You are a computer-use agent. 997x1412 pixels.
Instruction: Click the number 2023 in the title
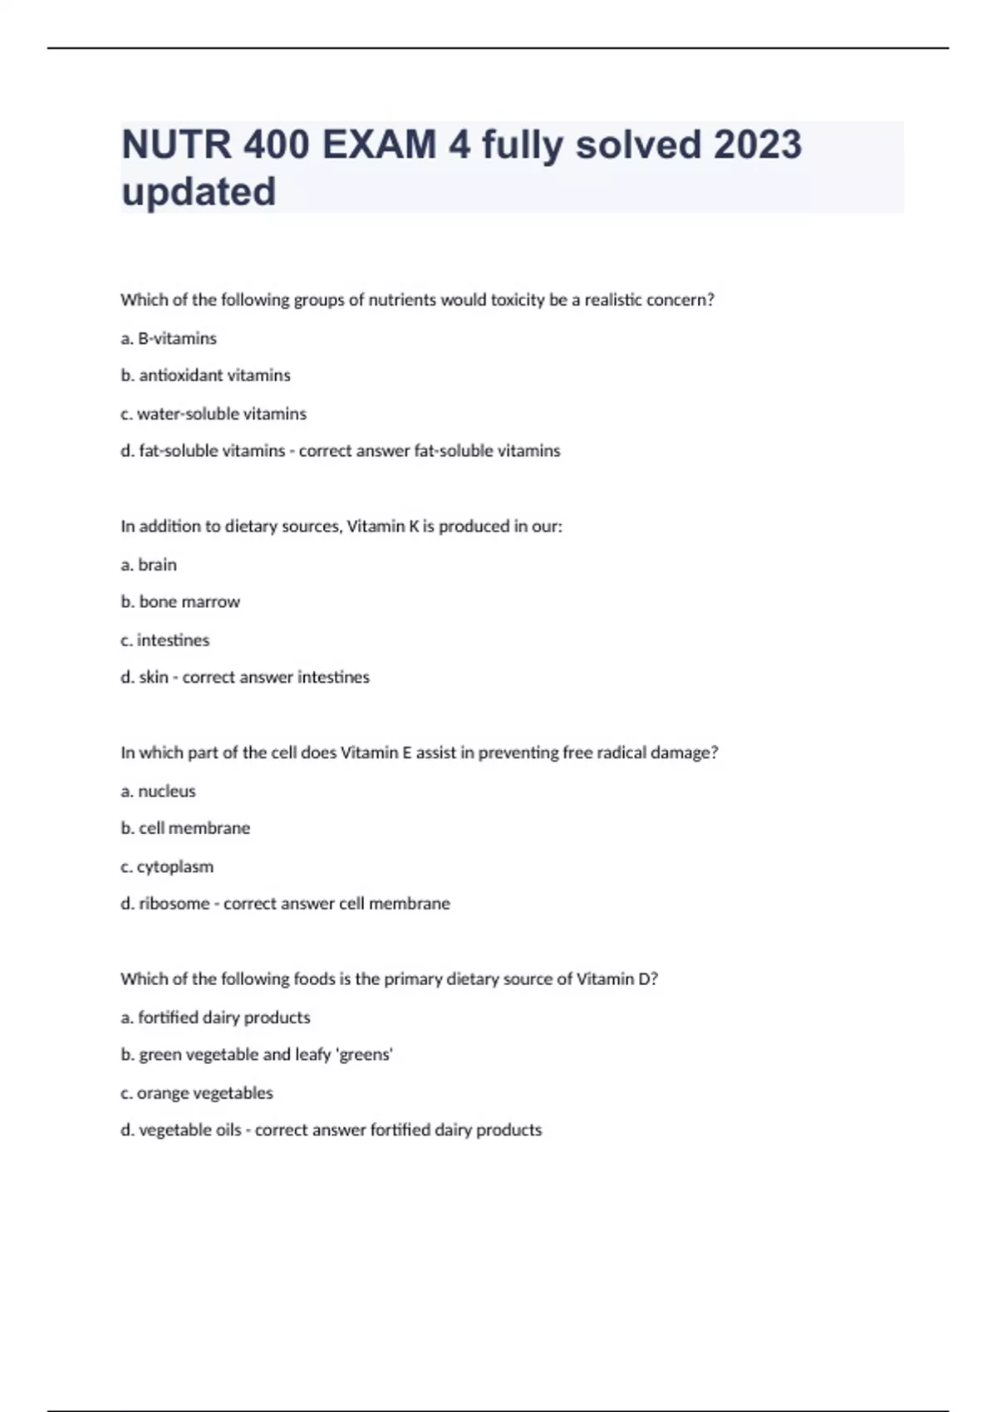click(x=757, y=145)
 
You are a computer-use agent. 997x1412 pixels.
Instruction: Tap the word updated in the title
click(x=199, y=192)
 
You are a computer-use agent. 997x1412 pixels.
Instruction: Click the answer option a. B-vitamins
click(x=169, y=338)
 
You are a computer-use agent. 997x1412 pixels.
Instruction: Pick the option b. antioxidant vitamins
click(x=205, y=375)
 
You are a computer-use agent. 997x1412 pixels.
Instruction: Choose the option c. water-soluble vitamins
click(x=214, y=414)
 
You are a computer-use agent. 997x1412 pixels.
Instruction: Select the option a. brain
click(x=149, y=565)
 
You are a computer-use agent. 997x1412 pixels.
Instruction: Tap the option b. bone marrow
click(x=180, y=602)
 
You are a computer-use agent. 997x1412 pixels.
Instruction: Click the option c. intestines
click(x=165, y=640)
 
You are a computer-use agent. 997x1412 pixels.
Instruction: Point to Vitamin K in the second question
click(x=383, y=527)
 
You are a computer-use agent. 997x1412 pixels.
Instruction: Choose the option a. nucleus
click(x=158, y=792)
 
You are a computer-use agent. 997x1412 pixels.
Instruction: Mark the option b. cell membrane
click(x=185, y=828)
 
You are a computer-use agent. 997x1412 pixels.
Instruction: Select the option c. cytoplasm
click(x=167, y=867)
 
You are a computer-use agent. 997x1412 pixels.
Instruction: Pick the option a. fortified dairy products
click(x=215, y=1017)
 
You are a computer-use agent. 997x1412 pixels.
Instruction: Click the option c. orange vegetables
click(x=197, y=1093)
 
